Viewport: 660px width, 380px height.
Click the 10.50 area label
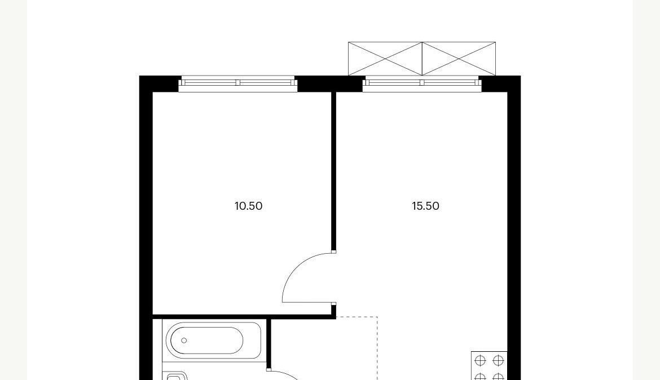[248, 206]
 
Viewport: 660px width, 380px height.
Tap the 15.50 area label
[425, 206]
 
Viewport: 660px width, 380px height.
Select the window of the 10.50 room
[238, 83]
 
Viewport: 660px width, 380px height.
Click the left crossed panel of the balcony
[385, 59]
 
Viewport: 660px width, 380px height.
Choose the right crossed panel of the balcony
[459, 59]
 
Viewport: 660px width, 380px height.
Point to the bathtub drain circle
[184, 341]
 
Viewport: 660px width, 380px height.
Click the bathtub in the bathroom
[214, 341]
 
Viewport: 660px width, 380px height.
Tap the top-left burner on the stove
[480, 360]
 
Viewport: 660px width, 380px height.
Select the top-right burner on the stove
[498, 360]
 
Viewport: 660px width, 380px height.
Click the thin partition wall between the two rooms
[334, 171]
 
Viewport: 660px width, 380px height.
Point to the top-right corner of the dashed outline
[377, 317]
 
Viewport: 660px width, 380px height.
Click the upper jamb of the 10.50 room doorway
[334, 251]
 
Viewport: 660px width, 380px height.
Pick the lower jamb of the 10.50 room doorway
[334, 303]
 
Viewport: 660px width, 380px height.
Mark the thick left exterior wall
[146, 228]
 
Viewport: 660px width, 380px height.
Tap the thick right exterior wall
[514, 228]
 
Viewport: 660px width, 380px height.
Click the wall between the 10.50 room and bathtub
[242, 316]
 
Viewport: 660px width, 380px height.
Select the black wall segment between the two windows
[330, 84]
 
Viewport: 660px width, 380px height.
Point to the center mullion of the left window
[238, 82]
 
